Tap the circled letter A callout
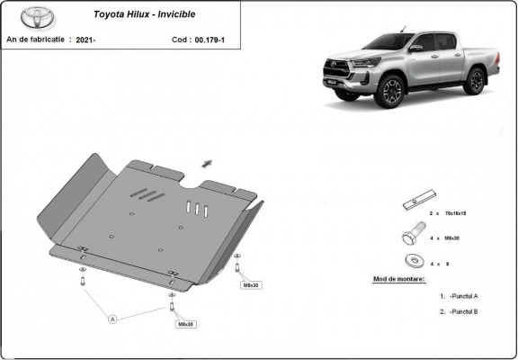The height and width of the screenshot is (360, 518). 113,319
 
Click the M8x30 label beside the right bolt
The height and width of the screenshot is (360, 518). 250,284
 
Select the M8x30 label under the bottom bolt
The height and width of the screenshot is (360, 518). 186,324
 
